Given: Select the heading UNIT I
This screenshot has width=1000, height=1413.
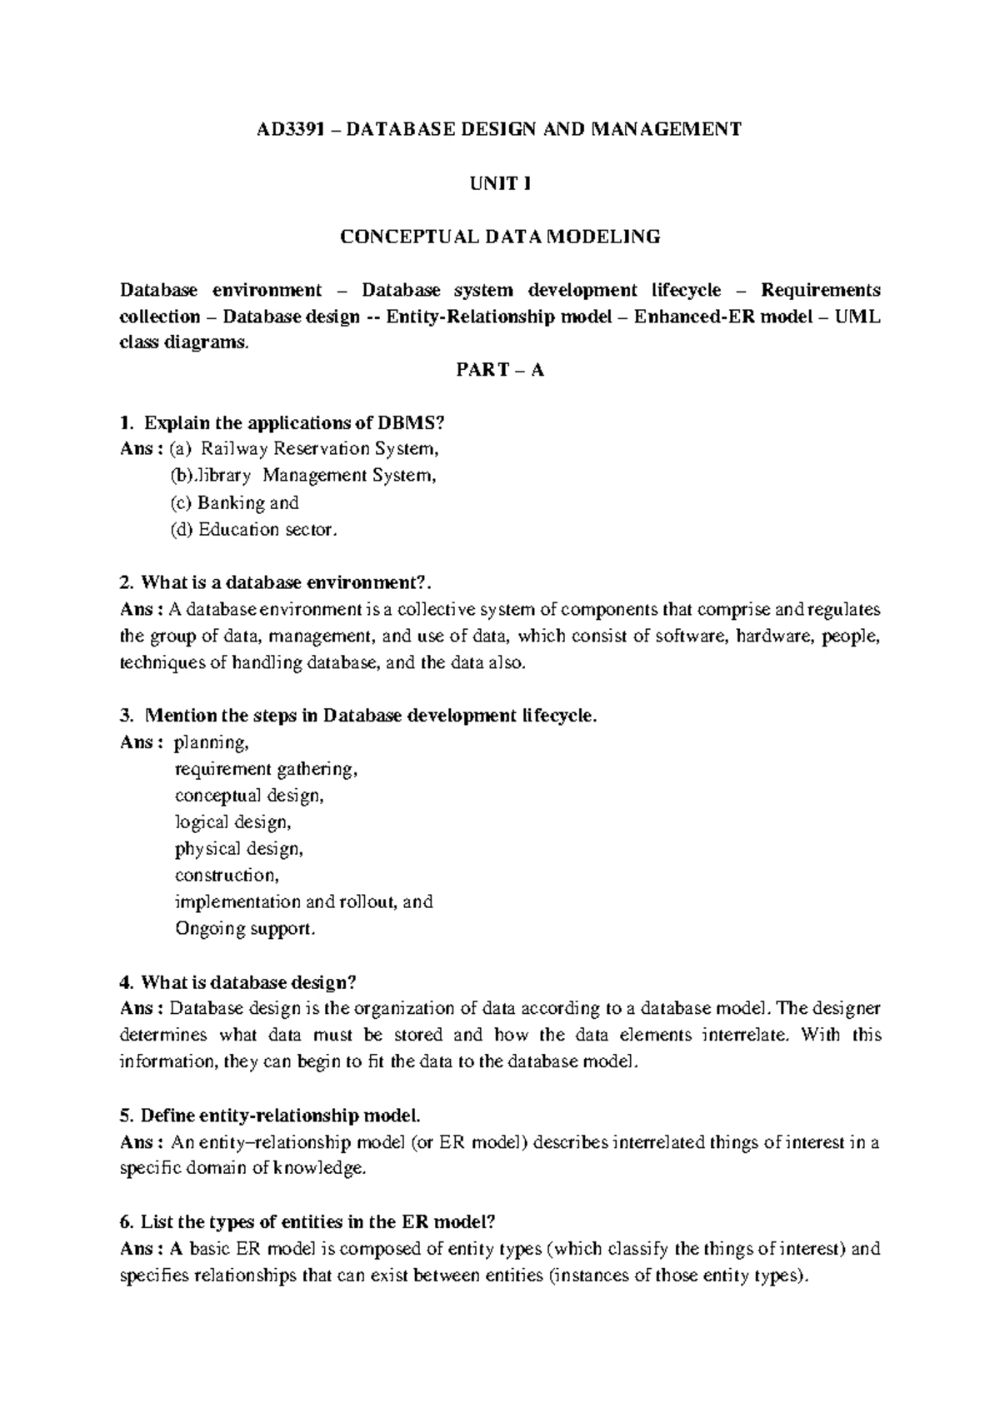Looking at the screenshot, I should pos(499,183).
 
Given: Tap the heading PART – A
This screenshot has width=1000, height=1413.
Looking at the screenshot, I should pos(499,370).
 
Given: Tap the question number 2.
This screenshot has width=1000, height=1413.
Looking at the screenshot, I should pos(126,582).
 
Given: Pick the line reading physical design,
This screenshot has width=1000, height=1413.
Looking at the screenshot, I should pos(238,849).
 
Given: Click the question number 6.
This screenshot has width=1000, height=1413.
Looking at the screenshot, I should pos(126,1222).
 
